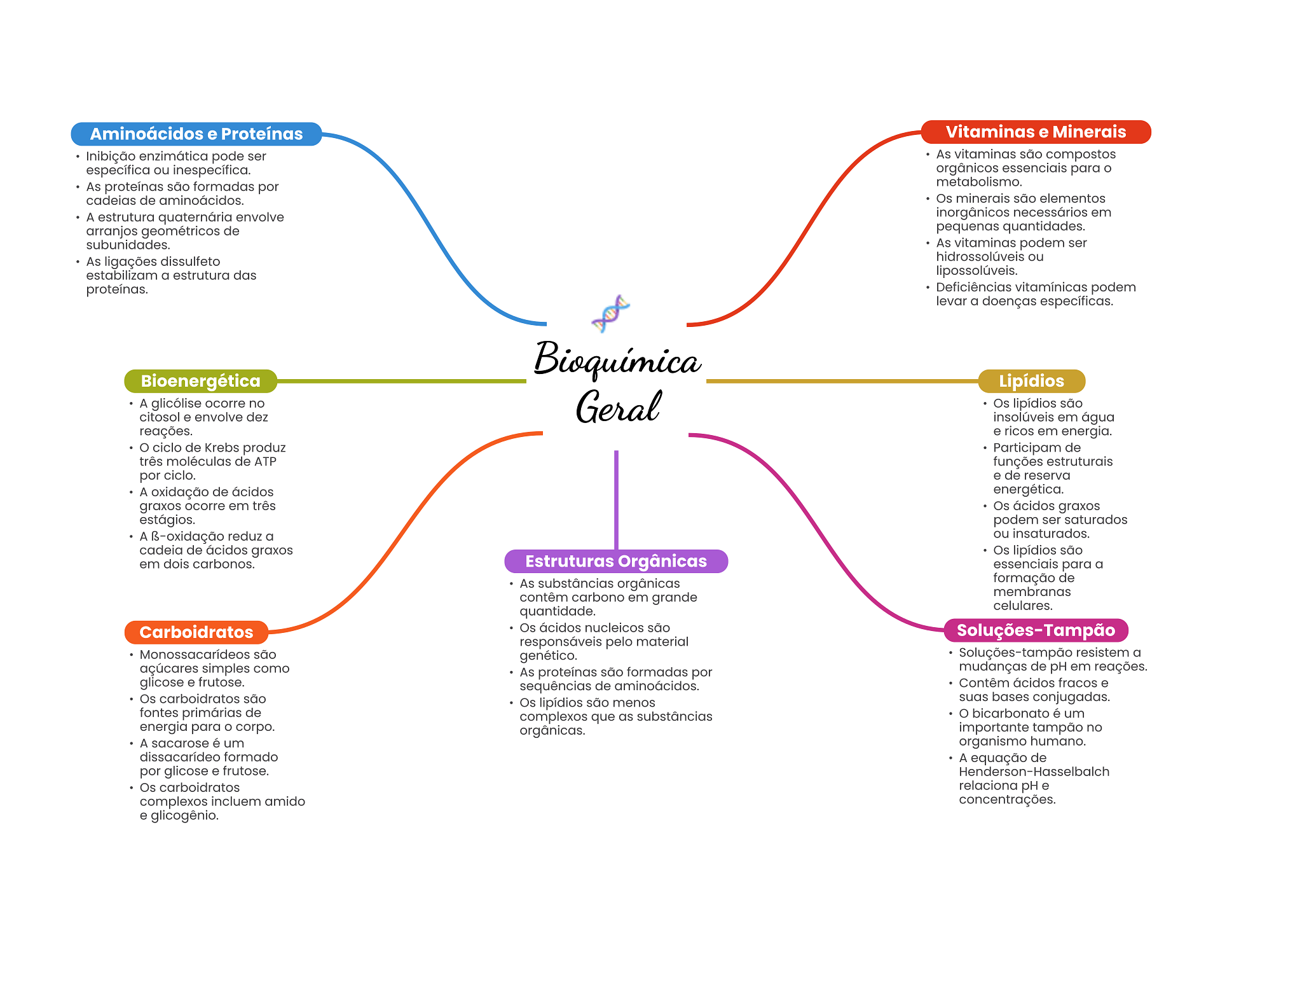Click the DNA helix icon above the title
tap(610, 314)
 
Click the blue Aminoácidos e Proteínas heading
tap(196, 134)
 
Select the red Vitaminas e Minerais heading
tap(1036, 132)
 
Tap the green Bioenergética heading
tap(200, 381)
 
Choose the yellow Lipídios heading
tap(1031, 381)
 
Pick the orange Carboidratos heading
tap(196, 632)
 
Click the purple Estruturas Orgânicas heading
tap(616, 561)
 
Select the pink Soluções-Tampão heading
tap(1036, 630)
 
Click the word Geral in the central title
tap(618, 407)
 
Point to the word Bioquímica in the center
tap(617, 359)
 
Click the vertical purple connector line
tap(616, 500)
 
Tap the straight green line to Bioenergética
tap(402, 381)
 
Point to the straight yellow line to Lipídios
tap(842, 381)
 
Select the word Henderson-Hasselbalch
tap(1034, 772)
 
